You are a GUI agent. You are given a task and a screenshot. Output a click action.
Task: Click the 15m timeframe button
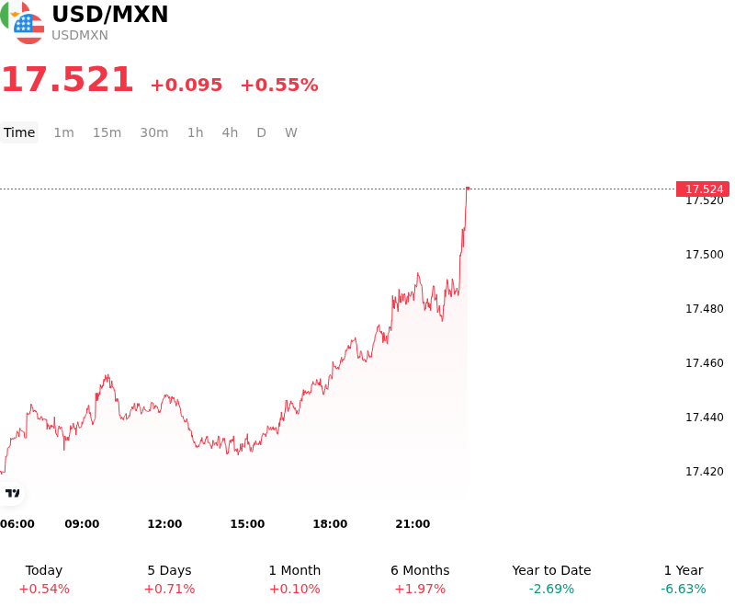107,132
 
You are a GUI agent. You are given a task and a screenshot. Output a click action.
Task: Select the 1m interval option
63,132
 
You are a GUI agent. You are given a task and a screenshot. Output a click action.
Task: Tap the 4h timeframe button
230,132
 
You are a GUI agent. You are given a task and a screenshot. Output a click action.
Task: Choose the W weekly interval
291,132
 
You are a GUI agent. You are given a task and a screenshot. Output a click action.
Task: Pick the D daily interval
261,132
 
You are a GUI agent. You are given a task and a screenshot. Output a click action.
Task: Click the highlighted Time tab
19,132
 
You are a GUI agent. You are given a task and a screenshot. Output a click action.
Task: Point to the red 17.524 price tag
703,189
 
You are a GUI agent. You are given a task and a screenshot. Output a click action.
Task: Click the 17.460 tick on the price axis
705,363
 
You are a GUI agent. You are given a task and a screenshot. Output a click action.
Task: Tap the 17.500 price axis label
705,255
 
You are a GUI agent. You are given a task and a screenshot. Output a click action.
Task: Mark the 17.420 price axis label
705,472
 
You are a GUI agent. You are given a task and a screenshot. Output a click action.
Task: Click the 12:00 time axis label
164,524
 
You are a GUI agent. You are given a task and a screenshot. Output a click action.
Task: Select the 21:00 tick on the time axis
413,524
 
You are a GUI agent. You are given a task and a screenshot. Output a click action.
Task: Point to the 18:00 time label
330,524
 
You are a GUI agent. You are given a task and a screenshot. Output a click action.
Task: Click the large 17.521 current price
68,79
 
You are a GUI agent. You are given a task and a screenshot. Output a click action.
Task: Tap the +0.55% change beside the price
279,85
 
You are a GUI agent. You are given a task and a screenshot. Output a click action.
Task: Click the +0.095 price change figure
187,85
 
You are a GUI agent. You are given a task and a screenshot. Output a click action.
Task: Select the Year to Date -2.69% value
551,589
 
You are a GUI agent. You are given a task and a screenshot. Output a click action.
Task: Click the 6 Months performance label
420,570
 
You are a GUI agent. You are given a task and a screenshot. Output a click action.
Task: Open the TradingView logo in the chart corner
13,493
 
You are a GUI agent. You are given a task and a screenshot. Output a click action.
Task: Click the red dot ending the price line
468,189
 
